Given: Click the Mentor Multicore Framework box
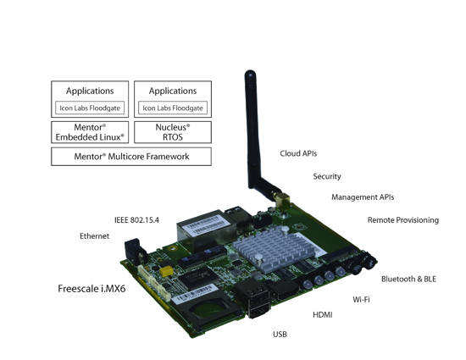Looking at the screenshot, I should click(130, 157).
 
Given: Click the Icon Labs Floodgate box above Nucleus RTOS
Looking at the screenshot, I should click(172, 108).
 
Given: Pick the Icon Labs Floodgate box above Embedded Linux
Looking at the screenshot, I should click(90, 108).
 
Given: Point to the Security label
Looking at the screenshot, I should click(327, 176).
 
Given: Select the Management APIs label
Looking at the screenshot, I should click(362, 197).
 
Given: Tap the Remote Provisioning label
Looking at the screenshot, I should click(402, 220).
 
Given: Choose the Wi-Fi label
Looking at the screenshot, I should click(361, 299).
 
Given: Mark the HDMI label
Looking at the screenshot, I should click(322, 315).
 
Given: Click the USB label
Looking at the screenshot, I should click(280, 335).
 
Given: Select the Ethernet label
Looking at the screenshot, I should click(94, 235).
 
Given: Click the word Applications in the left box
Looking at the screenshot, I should click(90, 90).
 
